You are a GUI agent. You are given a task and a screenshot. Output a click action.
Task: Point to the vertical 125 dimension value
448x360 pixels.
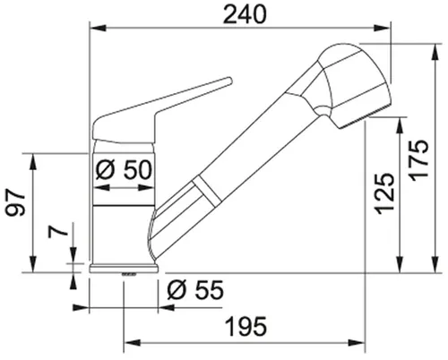pos(383,192)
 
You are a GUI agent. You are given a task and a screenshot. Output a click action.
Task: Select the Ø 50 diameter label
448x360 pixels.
pos(123,168)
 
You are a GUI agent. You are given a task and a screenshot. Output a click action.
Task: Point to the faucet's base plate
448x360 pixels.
pos(125,268)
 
